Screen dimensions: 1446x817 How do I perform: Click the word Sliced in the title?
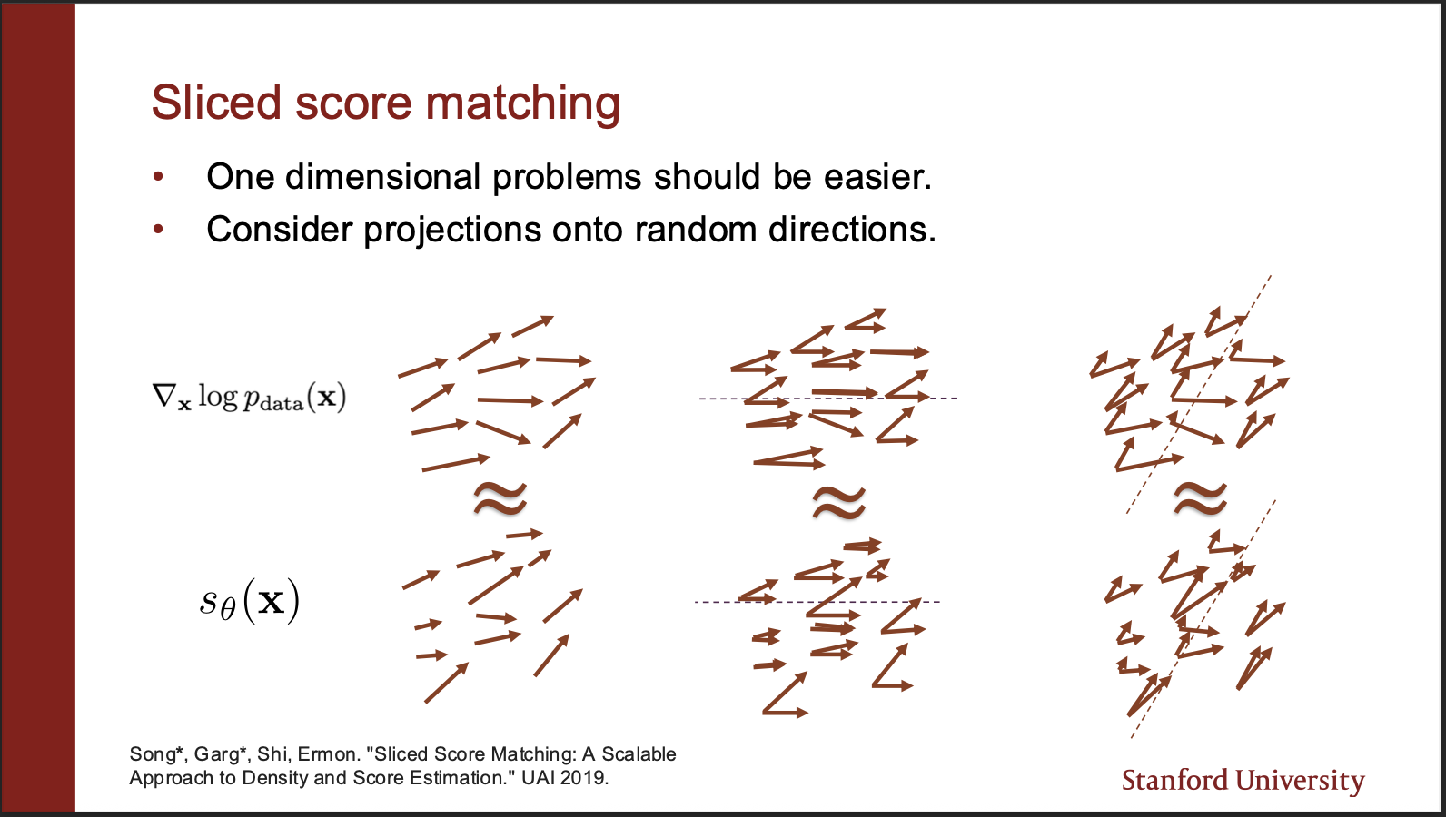click(216, 103)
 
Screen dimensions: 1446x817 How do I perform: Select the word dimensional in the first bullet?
click(383, 176)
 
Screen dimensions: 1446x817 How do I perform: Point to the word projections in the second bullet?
click(452, 231)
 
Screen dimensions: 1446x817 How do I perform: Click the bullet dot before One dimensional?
click(158, 177)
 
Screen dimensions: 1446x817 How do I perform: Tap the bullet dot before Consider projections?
click(158, 229)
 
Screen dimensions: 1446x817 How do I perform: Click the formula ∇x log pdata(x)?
click(249, 396)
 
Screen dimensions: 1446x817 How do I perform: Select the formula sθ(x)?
click(250, 602)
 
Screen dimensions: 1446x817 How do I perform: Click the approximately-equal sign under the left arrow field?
click(500, 499)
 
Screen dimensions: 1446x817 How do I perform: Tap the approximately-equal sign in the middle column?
click(838, 503)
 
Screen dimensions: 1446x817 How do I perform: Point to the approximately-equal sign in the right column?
click(1200, 499)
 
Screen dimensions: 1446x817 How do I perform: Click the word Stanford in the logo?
click(1175, 780)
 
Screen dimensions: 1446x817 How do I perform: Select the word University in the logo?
click(1300, 781)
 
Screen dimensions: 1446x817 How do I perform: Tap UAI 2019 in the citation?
click(565, 778)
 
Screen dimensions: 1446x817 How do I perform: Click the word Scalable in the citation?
click(639, 753)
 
